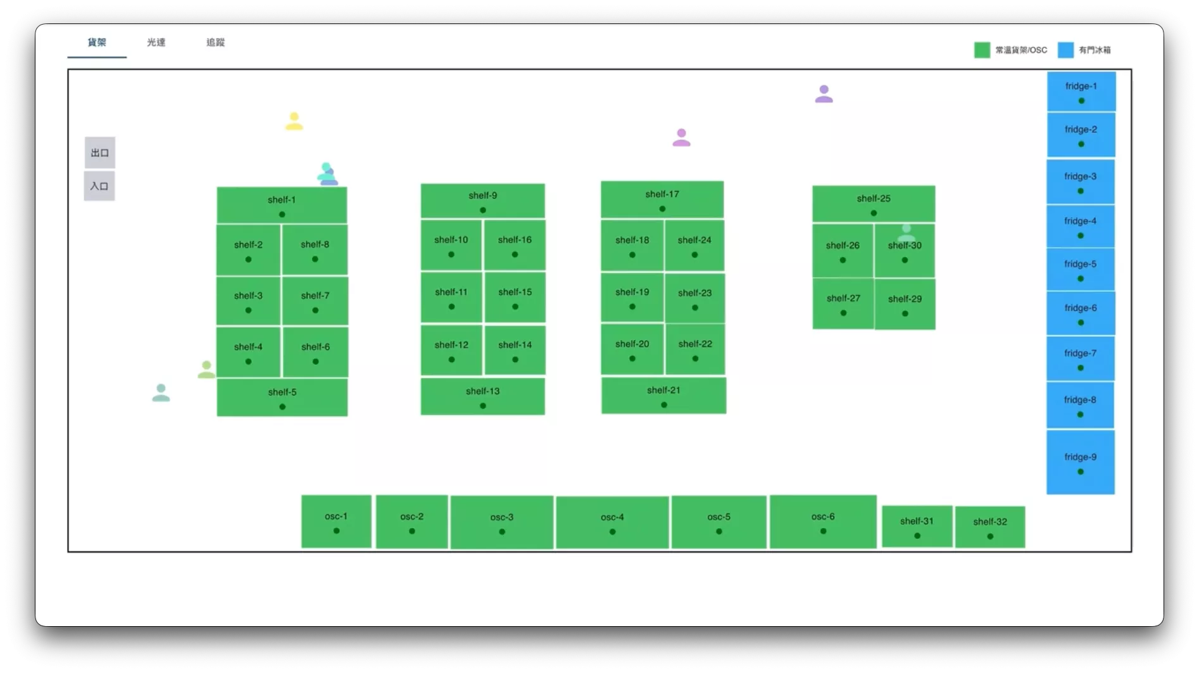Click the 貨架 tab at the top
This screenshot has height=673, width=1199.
[x=97, y=42]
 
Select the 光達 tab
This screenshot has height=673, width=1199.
[x=156, y=42]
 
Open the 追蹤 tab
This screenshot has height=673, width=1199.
[x=216, y=42]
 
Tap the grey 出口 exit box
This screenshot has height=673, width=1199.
[x=99, y=153]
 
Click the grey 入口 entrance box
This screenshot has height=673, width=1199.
[x=99, y=186]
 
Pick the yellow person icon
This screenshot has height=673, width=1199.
[x=294, y=121]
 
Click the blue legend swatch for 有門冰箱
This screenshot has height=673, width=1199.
[x=1065, y=50]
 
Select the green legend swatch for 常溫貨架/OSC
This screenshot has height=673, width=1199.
[x=982, y=50]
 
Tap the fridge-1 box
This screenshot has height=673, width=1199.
[x=1081, y=92]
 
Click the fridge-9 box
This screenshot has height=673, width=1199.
[x=1081, y=462]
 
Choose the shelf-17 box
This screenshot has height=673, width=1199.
[x=662, y=199]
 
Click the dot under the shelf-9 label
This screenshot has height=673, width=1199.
[x=483, y=210]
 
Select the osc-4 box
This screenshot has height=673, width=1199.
[x=612, y=522]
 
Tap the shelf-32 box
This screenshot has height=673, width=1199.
[x=990, y=527]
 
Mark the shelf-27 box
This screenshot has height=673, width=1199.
[x=843, y=303]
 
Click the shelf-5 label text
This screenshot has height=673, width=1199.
[x=282, y=392]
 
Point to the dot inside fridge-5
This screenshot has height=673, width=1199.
[x=1081, y=279]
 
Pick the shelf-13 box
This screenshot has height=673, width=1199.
[x=483, y=396]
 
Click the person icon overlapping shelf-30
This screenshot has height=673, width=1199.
[x=906, y=232]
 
